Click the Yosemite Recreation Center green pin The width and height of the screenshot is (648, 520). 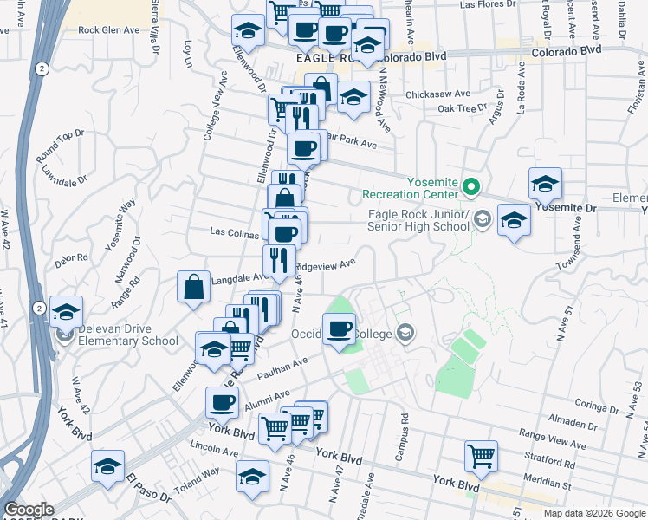click(471, 185)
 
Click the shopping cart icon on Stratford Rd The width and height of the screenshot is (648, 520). click(481, 454)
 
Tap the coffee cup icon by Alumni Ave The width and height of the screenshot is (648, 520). click(222, 401)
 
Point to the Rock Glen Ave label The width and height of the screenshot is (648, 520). click(108, 29)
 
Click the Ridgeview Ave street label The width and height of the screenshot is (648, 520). click(326, 265)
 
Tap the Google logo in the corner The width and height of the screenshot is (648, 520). click(29, 510)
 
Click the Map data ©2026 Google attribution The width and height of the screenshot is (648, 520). click(593, 513)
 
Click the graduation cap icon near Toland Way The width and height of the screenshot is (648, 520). click(252, 477)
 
